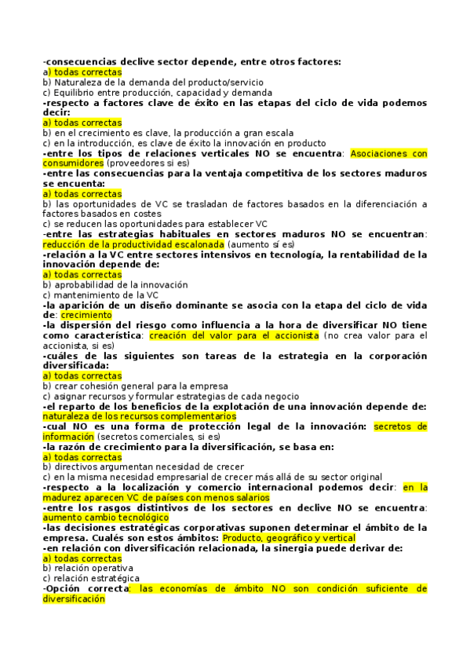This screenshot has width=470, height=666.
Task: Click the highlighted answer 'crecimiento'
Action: [x=80, y=314]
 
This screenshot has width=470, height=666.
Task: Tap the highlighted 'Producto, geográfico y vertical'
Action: [x=289, y=538]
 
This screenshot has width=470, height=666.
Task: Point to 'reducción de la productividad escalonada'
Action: [x=133, y=244]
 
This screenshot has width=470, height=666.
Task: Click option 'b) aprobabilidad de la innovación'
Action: [x=115, y=284]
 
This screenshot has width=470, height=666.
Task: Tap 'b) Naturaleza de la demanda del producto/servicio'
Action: [x=153, y=82]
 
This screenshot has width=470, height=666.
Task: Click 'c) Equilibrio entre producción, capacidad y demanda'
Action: [x=158, y=92]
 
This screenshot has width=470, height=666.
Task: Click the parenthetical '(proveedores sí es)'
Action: [x=149, y=163]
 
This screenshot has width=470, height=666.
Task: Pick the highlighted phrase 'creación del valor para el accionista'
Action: [x=233, y=335]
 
